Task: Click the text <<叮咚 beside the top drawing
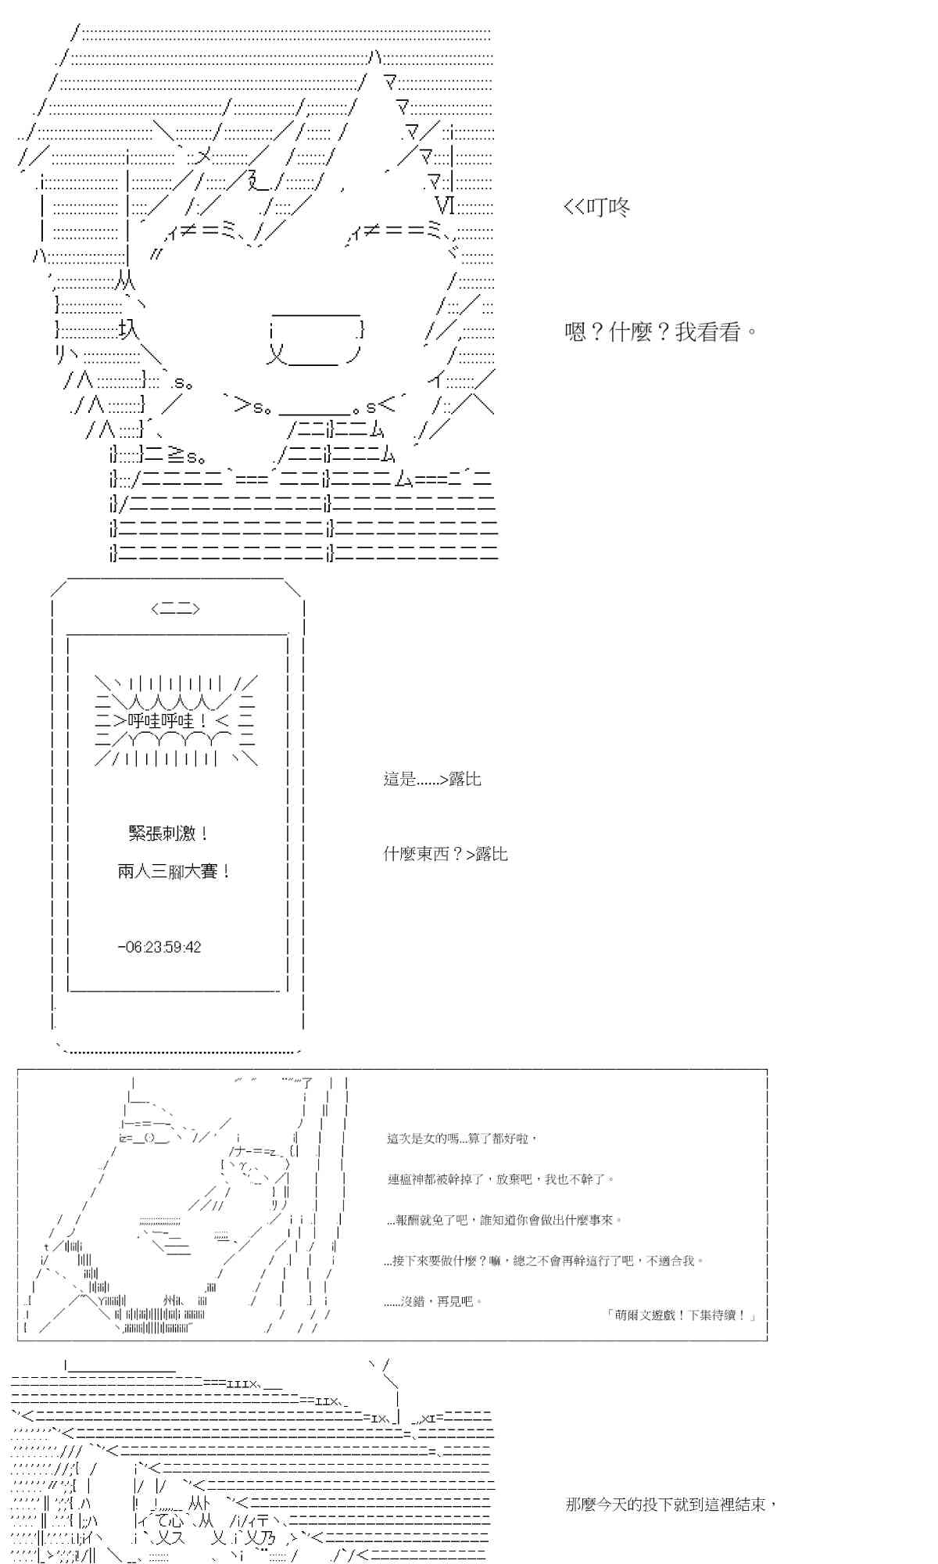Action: (x=596, y=207)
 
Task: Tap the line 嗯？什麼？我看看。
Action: (x=661, y=332)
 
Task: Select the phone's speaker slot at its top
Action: (x=176, y=608)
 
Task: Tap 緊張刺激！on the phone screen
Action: (x=169, y=834)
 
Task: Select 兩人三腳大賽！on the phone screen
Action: (x=174, y=871)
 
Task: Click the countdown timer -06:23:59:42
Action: (x=159, y=947)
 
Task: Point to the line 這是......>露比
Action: (x=432, y=779)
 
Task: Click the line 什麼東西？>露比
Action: (x=446, y=854)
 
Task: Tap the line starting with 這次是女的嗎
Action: (x=462, y=1139)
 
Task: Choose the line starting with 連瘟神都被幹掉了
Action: (x=501, y=1179)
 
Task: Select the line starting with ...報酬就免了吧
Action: (x=503, y=1220)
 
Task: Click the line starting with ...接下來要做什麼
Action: (x=544, y=1261)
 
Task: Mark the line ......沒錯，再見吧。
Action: (x=434, y=1301)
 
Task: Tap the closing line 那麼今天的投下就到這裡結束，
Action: (x=671, y=1505)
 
